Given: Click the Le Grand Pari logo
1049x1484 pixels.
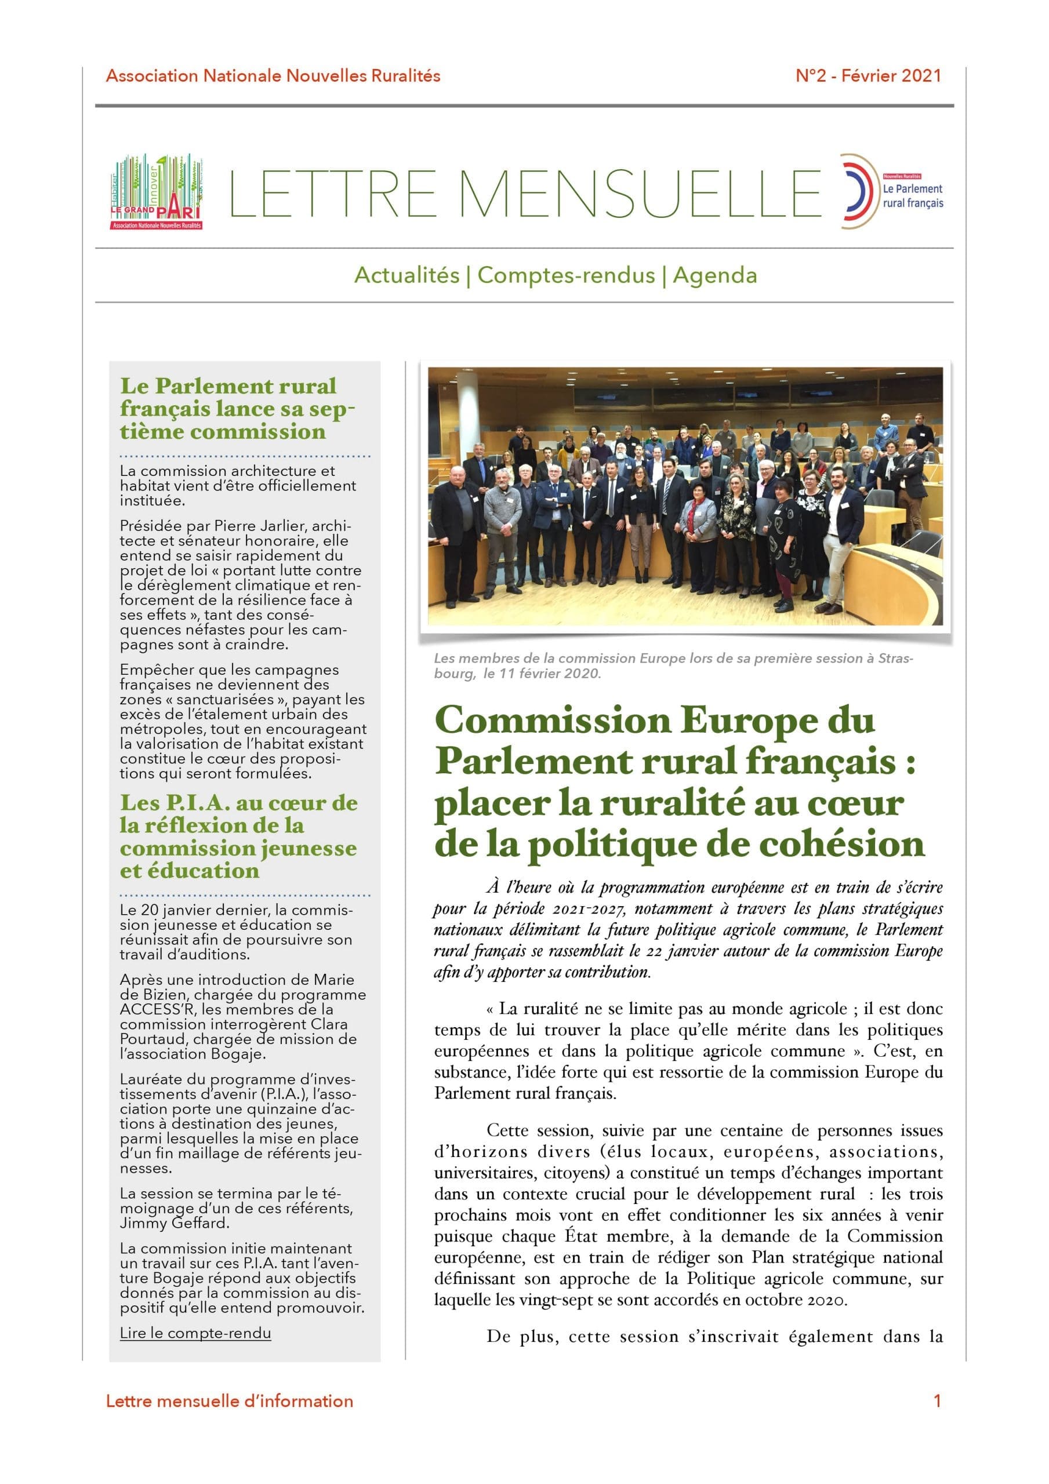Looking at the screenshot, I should [x=157, y=192].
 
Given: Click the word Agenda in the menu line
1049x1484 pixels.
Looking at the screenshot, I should [x=714, y=275].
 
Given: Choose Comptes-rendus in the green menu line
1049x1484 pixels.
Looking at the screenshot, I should [x=566, y=275].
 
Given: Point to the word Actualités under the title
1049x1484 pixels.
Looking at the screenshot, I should [x=407, y=275].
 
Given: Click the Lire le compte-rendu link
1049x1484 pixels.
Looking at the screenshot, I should [x=195, y=1333].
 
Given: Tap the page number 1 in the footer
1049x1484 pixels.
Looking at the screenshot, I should [x=937, y=1401].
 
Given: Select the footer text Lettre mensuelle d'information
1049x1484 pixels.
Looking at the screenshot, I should [x=230, y=1401].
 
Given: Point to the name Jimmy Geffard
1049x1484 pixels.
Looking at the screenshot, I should [x=174, y=1224].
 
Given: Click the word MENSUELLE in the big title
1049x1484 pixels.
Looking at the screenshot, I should [x=640, y=194].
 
